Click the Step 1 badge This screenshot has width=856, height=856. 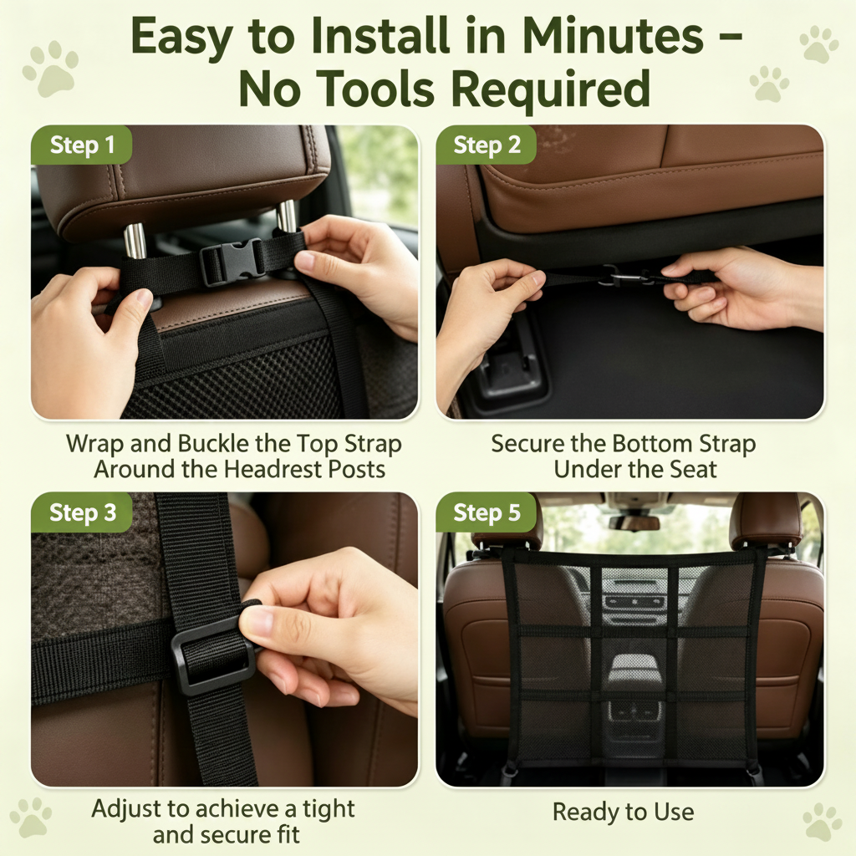(81, 145)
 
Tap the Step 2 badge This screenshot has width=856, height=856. (486, 145)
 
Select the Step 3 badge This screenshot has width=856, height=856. (82, 512)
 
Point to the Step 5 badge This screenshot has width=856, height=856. (486, 512)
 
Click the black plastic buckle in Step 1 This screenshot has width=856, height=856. (232, 261)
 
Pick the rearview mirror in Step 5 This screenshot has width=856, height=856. (634, 522)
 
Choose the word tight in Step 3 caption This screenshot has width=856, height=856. (328, 808)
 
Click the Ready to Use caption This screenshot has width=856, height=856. (624, 812)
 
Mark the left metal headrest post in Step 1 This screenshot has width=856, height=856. (135, 240)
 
